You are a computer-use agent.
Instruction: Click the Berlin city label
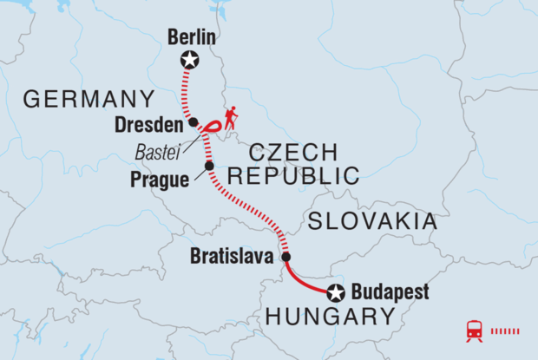(191, 39)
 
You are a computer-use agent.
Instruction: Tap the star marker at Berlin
(188, 60)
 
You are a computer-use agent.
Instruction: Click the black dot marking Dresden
(194, 122)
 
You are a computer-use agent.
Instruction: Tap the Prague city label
(162, 180)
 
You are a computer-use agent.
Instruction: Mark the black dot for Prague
(208, 166)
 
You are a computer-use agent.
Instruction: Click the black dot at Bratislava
(286, 257)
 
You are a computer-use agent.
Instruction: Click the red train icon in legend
(475, 331)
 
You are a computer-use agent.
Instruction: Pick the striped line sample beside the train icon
(506, 331)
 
